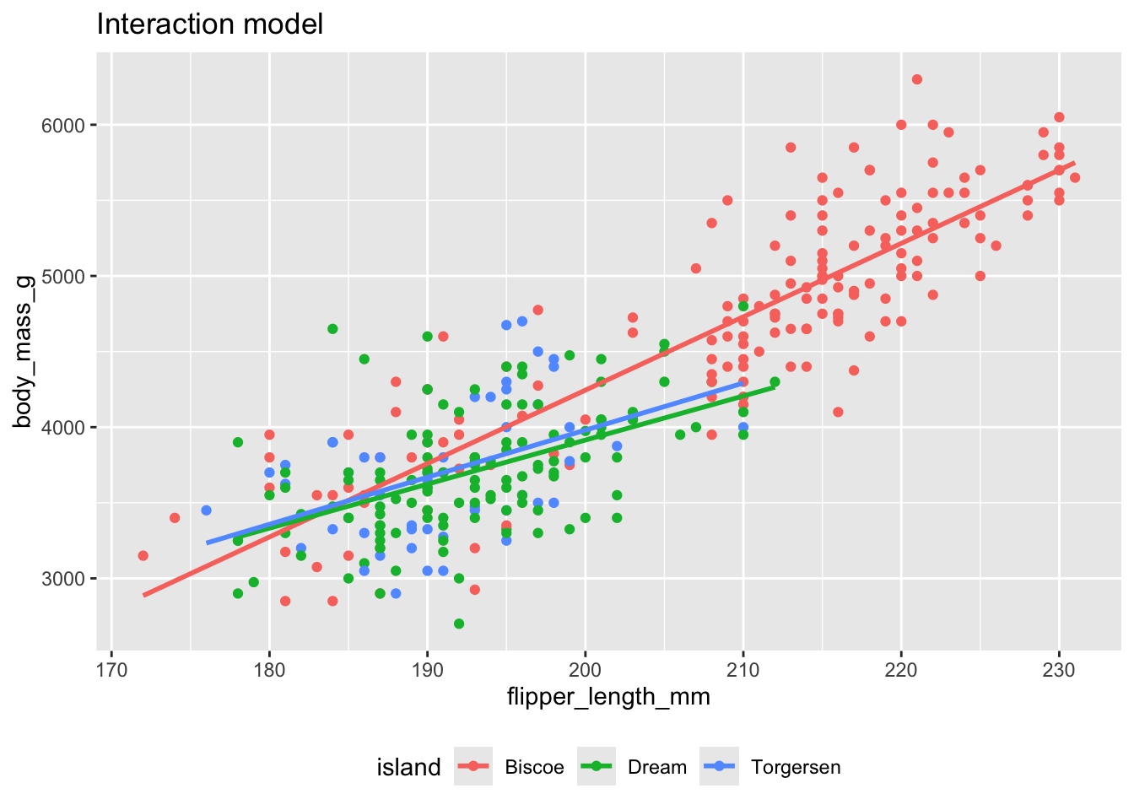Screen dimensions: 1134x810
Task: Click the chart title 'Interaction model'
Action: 209,24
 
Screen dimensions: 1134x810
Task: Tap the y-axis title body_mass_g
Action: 24,351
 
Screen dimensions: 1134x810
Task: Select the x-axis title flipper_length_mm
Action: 608,698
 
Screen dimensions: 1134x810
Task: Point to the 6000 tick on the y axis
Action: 62,125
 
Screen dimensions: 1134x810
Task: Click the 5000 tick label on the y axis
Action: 62,277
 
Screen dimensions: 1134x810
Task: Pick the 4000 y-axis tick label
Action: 62,428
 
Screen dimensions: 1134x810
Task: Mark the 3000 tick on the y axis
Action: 62,579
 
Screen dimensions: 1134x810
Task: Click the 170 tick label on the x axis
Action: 111,670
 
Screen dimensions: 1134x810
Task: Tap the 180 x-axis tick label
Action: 269,670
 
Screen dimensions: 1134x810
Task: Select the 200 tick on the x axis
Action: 586,670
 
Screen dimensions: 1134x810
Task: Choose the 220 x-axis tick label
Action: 901,670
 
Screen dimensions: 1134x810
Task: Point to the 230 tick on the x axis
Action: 1059,670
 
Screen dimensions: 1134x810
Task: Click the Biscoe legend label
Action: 534,768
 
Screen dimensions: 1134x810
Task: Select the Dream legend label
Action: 657,768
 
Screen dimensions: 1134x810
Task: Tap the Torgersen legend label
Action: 796,768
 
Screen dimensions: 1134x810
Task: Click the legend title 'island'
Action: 408,768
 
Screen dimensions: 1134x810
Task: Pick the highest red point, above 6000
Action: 917,79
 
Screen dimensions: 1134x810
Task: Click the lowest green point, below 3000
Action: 459,624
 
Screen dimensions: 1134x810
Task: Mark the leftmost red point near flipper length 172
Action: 143,556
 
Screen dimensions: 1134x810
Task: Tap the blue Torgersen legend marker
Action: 719,766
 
